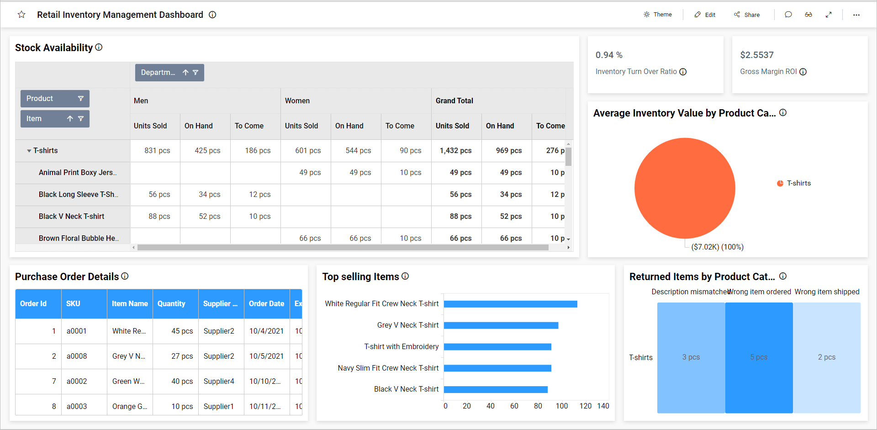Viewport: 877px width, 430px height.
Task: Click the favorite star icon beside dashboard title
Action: tap(21, 15)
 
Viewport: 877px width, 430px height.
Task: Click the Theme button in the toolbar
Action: tap(658, 15)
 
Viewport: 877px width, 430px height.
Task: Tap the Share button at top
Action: tap(747, 15)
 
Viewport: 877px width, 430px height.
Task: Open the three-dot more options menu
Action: tap(856, 15)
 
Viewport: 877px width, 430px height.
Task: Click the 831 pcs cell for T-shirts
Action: tap(157, 150)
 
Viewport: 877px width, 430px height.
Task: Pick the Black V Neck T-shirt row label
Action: tap(71, 216)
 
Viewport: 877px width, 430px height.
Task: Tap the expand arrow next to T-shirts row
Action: tap(29, 151)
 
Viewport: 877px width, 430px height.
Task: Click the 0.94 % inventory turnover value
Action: tap(609, 55)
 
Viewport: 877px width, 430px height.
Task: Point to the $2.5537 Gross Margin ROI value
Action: tap(756, 55)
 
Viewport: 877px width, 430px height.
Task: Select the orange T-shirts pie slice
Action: tap(684, 188)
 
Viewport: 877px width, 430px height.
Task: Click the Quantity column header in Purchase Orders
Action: tap(171, 303)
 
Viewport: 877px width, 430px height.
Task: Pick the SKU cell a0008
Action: tap(77, 356)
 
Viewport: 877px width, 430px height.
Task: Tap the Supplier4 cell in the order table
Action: tap(219, 381)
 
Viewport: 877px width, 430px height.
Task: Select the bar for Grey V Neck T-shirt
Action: tap(501, 325)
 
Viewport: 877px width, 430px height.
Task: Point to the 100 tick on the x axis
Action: tap(561, 406)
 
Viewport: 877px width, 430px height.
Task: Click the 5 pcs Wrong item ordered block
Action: tap(759, 357)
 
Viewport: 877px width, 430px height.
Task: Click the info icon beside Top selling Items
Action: tap(405, 276)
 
